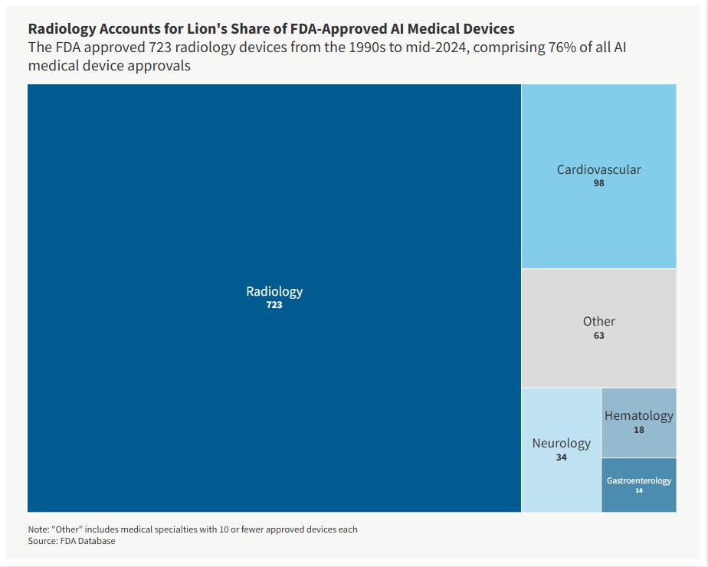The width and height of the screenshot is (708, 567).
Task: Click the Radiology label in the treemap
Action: coord(274,291)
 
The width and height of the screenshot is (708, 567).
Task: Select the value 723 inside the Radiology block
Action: coord(274,305)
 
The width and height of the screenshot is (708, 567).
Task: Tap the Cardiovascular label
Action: coord(598,169)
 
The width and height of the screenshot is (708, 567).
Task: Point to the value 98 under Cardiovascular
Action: coord(598,184)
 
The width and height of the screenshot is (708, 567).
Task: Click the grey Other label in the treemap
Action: coord(598,321)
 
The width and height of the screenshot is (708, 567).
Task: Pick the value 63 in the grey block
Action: coord(598,336)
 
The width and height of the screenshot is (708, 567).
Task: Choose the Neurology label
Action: coord(562,443)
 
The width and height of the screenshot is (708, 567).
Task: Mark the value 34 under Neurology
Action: coord(562,457)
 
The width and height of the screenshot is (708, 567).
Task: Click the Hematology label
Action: coord(638,415)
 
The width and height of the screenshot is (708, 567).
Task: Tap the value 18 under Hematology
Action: coord(638,430)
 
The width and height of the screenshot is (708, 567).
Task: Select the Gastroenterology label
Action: coord(638,480)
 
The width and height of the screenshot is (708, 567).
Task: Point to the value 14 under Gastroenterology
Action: coord(638,490)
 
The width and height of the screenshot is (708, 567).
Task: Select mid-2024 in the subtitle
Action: coord(385,48)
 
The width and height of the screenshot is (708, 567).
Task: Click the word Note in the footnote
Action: coord(38,529)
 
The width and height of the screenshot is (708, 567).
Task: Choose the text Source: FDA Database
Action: coord(71,541)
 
